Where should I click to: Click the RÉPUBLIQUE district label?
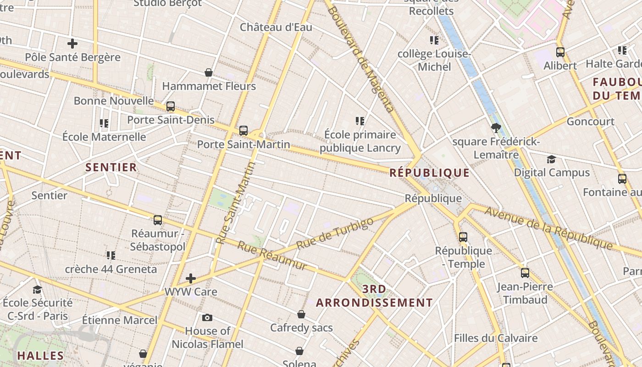[x=430, y=173]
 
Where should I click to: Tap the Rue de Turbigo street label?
[x=335, y=234]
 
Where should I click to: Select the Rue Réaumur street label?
[x=271, y=256]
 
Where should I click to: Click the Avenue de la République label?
[x=548, y=228]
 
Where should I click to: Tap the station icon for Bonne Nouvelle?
[x=171, y=106]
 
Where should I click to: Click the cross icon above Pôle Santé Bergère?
[x=72, y=44]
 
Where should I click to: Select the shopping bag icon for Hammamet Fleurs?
[x=209, y=72]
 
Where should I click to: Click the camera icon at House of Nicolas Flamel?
[x=207, y=317]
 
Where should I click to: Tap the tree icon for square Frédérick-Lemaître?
[x=496, y=128]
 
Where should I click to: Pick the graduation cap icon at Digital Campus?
[x=551, y=159]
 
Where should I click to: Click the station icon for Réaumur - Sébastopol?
[x=158, y=220]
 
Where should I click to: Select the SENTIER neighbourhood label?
[x=111, y=167]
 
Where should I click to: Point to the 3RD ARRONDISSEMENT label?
[x=374, y=296]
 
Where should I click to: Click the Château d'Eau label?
[x=276, y=27]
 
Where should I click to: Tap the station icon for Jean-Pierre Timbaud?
[x=525, y=273]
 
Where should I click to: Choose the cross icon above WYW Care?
[x=191, y=278]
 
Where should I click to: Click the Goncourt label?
[x=591, y=122]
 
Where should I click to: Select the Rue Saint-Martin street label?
[x=235, y=202]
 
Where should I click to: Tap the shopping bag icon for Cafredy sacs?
[x=301, y=314]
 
